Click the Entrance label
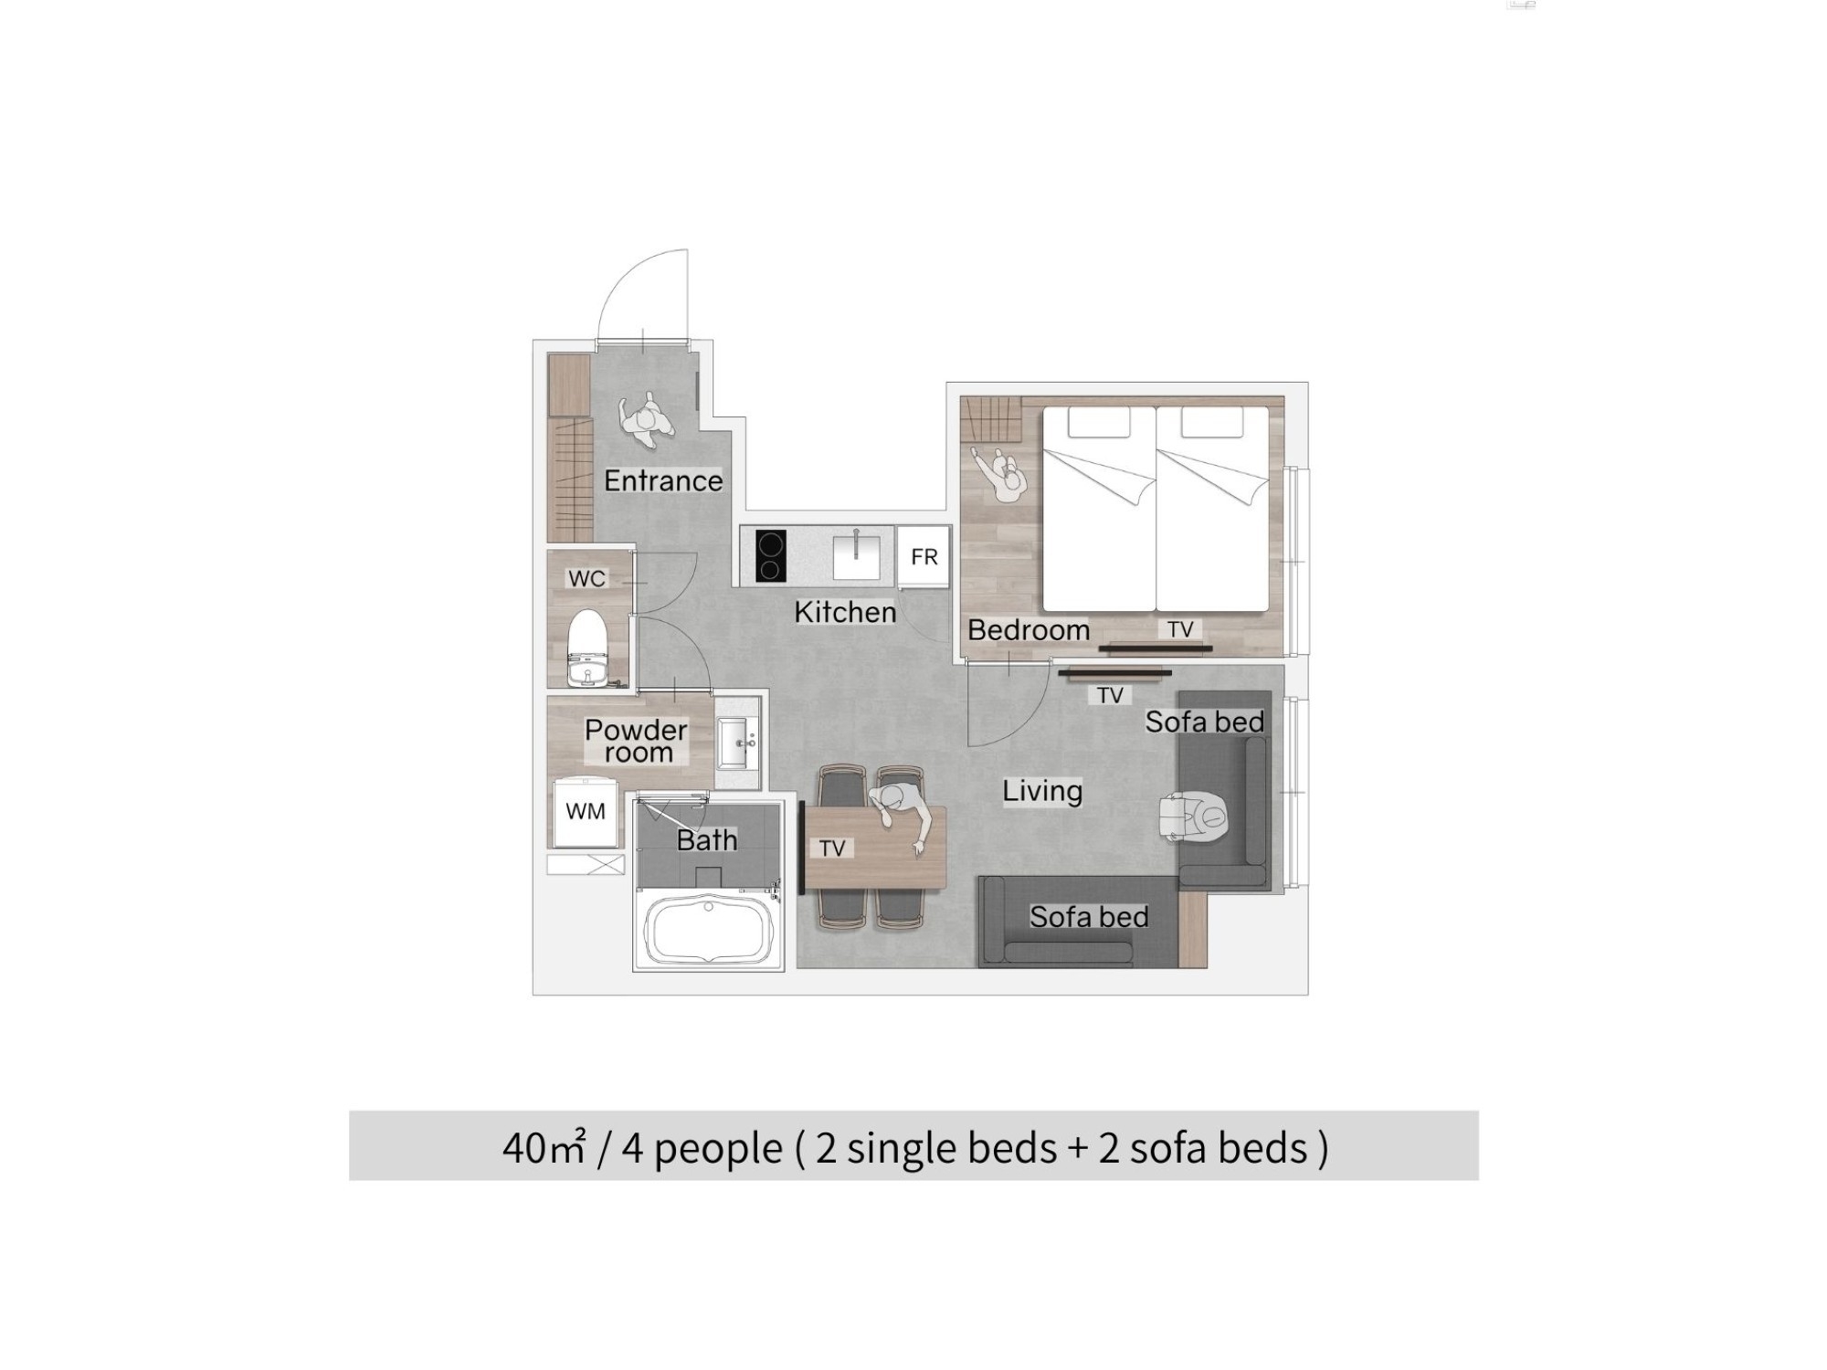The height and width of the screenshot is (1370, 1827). tap(663, 480)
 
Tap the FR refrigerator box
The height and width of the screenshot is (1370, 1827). tap(924, 557)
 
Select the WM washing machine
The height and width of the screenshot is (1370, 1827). tap(586, 812)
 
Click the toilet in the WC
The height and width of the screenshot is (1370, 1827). tap(586, 648)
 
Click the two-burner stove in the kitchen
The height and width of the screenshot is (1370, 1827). tap(771, 556)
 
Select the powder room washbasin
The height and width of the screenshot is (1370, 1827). tap(737, 743)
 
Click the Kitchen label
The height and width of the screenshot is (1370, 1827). tap(845, 612)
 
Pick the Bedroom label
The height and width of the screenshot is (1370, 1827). tap(1029, 629)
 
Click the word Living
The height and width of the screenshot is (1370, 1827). tap(1042, 791)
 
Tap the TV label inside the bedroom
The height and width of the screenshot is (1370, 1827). tap(1180, 629)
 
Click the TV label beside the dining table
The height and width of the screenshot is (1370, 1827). tap(832, 848)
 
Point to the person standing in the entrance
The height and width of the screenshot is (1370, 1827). tap(647, 420)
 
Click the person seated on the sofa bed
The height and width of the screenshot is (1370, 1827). tap(1196, 817)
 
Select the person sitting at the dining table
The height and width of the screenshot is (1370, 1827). tap(902, 810)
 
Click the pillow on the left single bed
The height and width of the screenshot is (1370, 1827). tap(1099, 422)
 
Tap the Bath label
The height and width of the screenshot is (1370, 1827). tap(707, 840)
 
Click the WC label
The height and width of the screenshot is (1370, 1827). tap(586, 578)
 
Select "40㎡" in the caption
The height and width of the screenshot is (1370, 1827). tap(544, 1147)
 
